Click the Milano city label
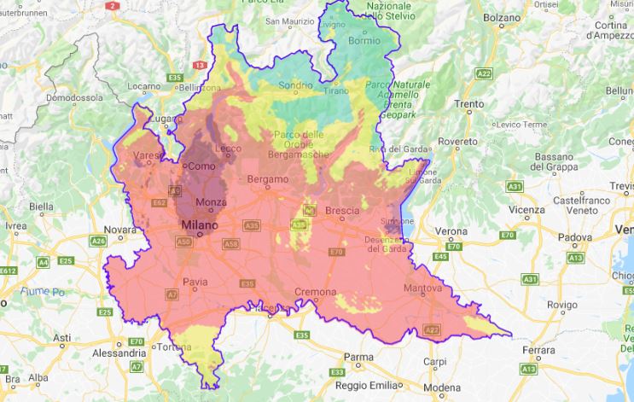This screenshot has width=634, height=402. coord(199,225)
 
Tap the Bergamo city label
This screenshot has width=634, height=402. coord(266,180)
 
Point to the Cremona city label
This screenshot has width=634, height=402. coord(315,292)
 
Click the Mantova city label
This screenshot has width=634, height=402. coord(422,289)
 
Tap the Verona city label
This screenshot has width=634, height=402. coord(451,231)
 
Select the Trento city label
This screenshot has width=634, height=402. coord(469,105)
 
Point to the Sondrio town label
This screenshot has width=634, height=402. coord(296,85)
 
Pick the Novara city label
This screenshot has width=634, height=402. coord(119,230)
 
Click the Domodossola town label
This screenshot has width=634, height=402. coord(74,98)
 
